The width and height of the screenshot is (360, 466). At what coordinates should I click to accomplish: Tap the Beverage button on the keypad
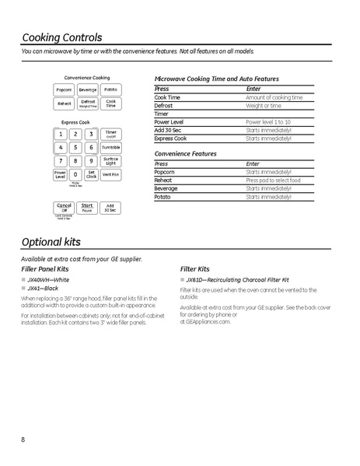(87, 90)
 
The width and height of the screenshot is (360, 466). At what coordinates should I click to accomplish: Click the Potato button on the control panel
(110, 90)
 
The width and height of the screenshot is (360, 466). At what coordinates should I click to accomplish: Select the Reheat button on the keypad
(64, 103)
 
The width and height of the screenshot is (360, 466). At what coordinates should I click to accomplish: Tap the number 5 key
(75, 147)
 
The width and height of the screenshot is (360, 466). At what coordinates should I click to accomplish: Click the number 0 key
(75, 174)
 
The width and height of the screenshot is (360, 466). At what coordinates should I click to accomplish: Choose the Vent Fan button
(110, 174)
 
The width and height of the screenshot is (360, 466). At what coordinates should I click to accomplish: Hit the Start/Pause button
(87, 208)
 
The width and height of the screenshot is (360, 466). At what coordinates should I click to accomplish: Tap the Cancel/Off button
(64, 208)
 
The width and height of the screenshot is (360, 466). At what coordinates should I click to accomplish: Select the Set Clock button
(91, 174)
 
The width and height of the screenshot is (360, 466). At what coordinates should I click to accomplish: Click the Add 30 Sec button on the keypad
(110, 208)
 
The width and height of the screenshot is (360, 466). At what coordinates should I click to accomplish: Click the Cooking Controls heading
(61, 37)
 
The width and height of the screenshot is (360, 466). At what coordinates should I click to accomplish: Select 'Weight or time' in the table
(264, 105)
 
